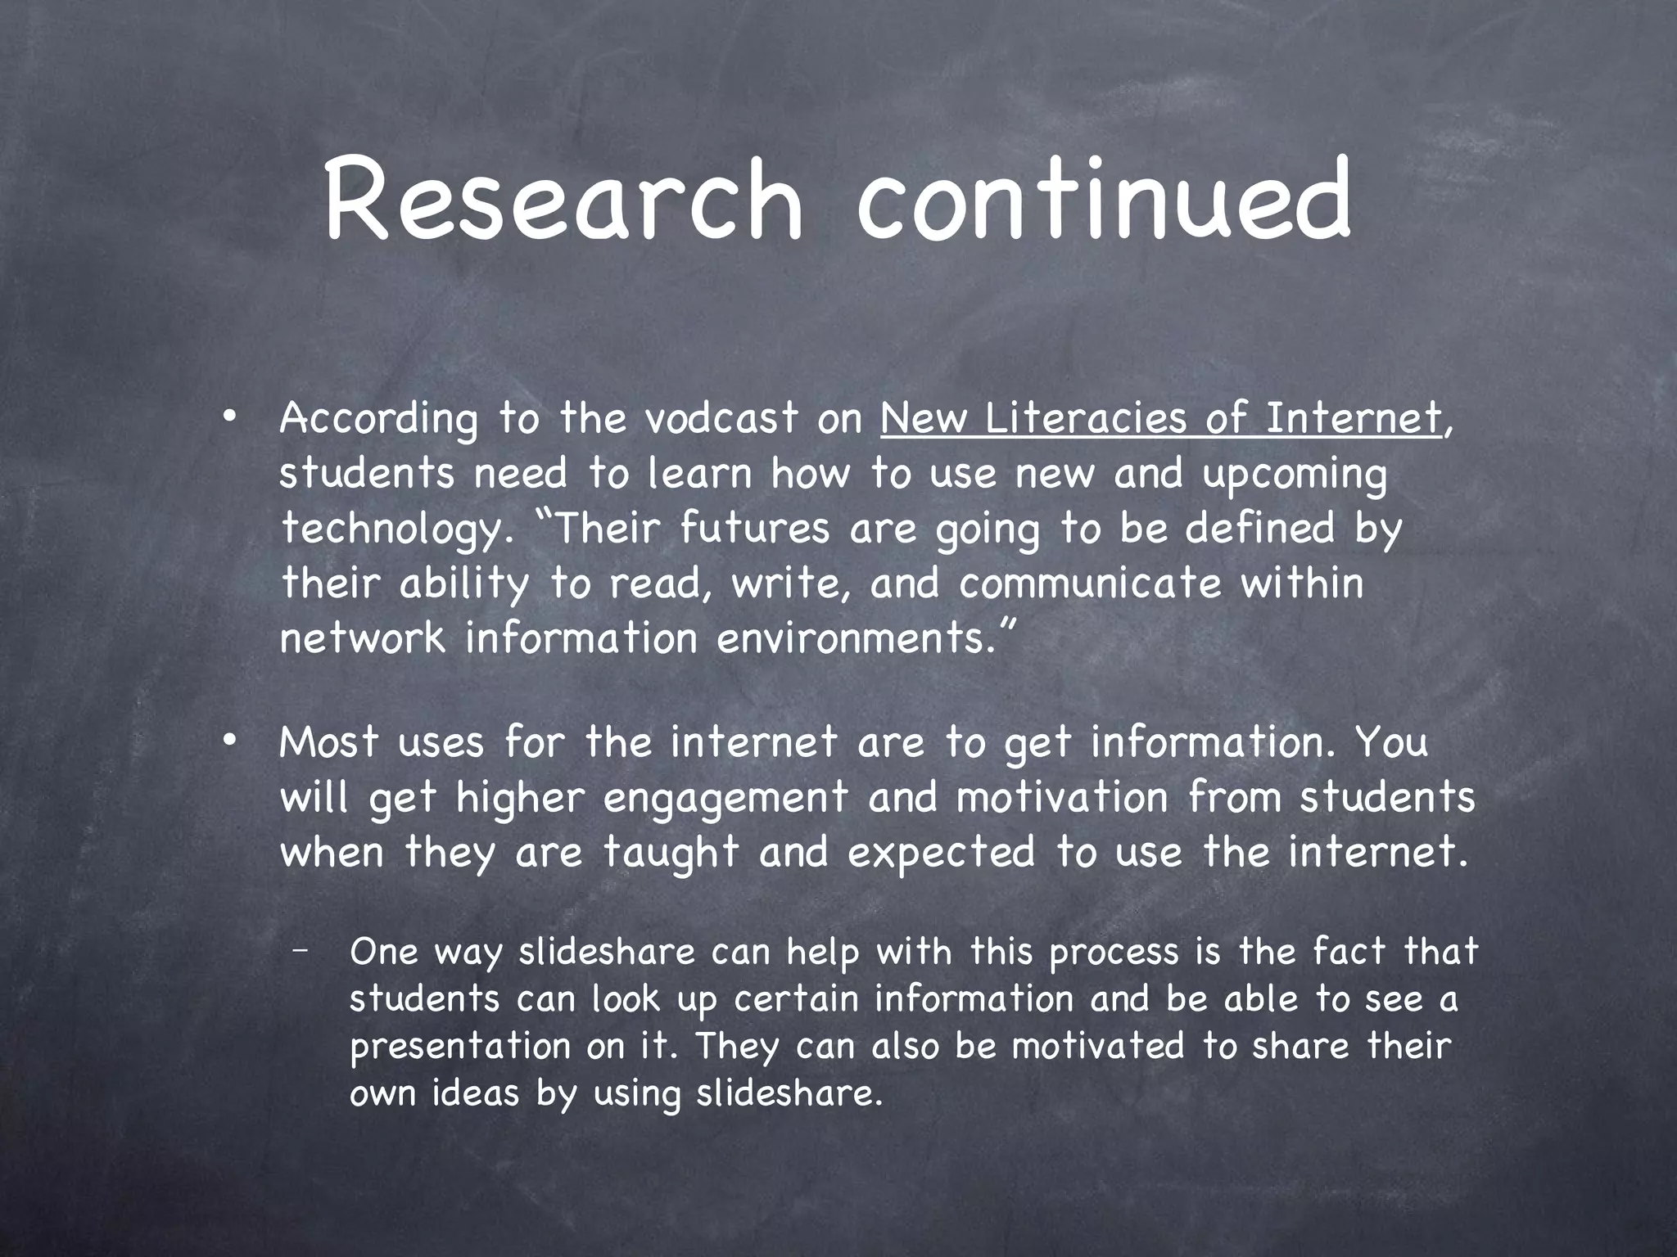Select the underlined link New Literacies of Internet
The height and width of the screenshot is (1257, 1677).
coord(1160,418)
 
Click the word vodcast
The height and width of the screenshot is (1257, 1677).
coord(720,418)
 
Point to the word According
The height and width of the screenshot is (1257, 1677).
coord(378,420)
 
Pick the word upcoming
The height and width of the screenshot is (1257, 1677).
coord(1295,475)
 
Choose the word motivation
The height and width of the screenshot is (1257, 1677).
coord(1062,797)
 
